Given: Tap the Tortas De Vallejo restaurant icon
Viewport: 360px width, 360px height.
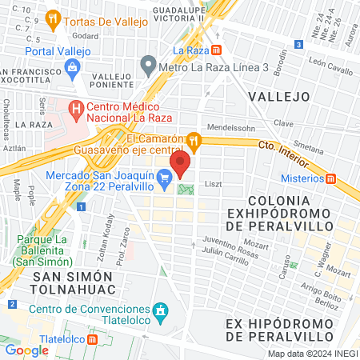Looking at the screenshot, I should tap(54, 17).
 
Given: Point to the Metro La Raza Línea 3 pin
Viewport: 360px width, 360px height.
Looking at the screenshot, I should tap(147, 63).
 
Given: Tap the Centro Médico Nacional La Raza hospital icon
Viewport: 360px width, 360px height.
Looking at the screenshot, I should tap(76, 106).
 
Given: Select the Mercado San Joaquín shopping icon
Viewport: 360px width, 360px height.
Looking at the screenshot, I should tap(166, 177).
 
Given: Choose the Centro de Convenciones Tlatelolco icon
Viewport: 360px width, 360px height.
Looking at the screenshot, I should tap(162, 310).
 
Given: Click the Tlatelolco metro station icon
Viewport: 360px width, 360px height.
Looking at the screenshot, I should tap(93, 338).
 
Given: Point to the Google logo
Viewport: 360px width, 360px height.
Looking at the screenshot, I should tap(27, 350).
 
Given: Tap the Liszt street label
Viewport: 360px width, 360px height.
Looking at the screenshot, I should tap(214, 183).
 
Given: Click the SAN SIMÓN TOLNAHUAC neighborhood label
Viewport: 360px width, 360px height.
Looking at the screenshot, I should tap(78, 282).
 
